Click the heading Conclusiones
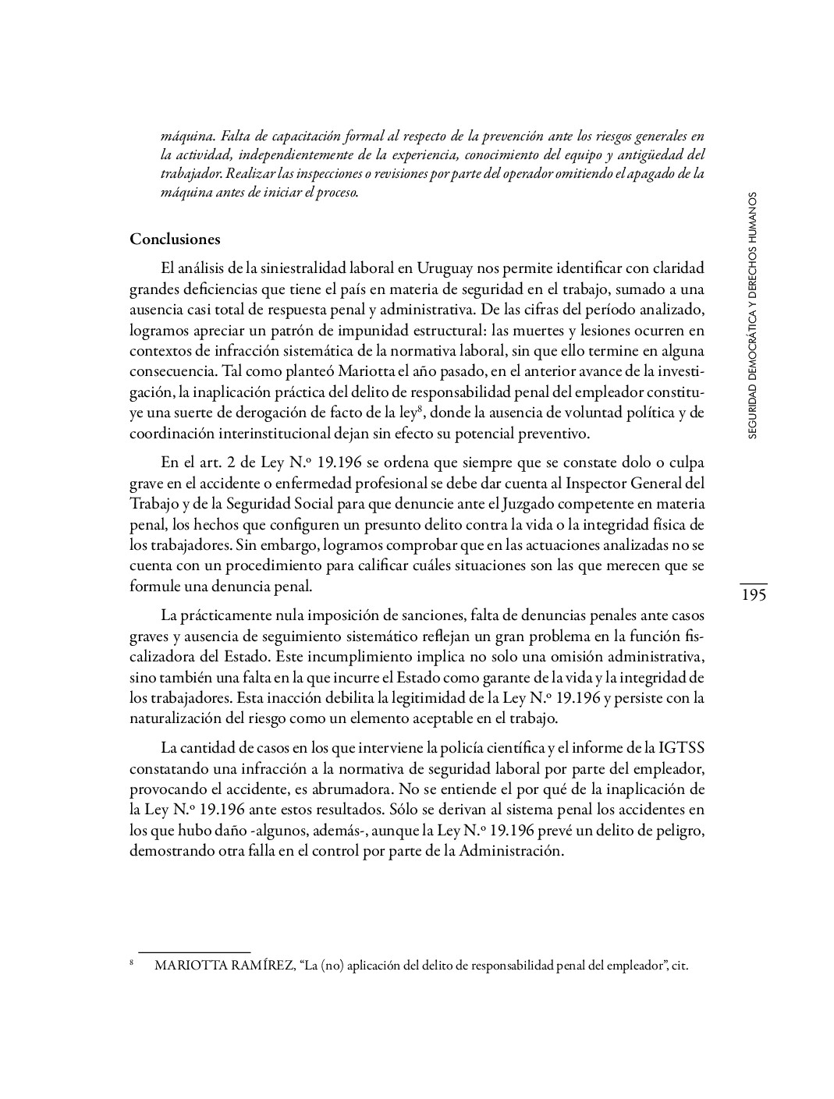click(175, 239)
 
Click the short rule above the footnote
click(193, 952)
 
